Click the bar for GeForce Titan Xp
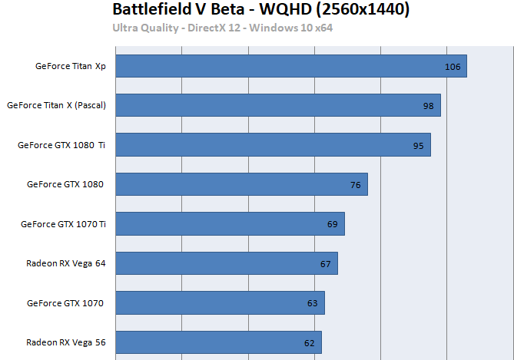coord(290,66)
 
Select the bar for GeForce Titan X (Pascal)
coord(277,105)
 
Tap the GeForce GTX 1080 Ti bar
coord(273,144)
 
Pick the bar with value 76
coord(241,184)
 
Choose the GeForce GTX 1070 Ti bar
coord(230,224)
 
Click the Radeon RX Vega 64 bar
coord(226,263)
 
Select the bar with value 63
coord(220,303)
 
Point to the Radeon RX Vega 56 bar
coord(218,342)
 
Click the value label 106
coord(453,67)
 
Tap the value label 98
coord(428,106)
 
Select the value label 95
coord(418,145)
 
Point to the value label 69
coord(332,224)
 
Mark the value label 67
coord(325,264)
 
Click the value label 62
coord(309,343)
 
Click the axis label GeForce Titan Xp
coord(71,66)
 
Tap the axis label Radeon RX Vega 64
coord(66,263)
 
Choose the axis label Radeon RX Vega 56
coord(66,342)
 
